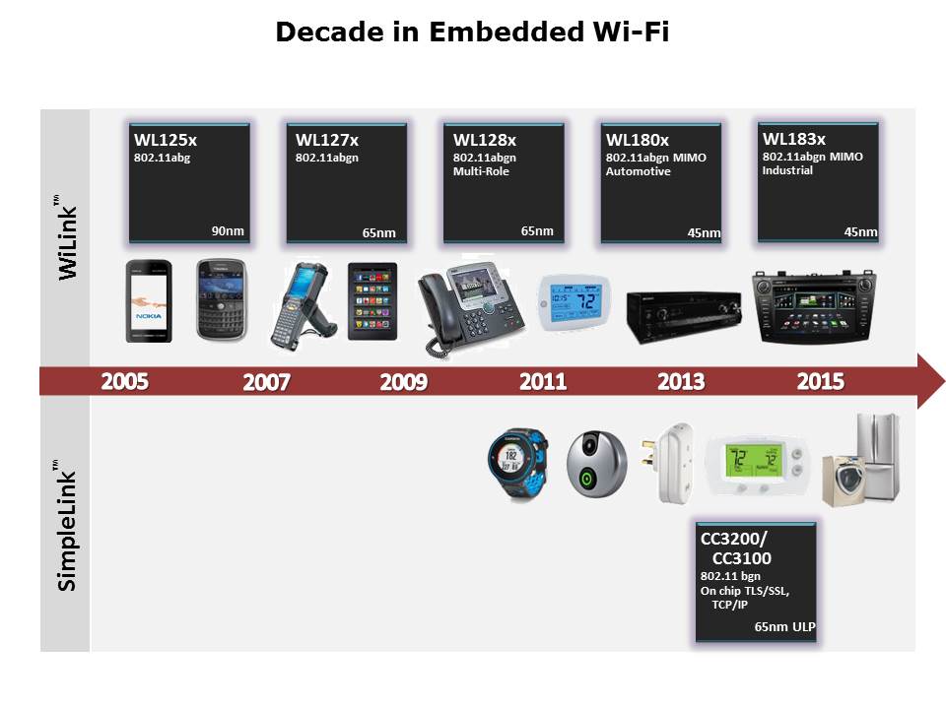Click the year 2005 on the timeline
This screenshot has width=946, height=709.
pyautogui.click(x=124, y=382)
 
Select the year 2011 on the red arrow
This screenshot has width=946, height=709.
pyautogui.click(x=543, y=382)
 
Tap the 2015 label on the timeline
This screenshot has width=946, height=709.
pyautogui.click(x=821, y=382)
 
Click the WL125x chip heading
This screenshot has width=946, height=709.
pyautogui.click(x=166, y=140)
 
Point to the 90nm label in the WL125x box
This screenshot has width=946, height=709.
pyautogui.click(x=228, y=230)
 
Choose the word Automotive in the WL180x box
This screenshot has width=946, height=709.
pyautogui.click(x=639, y=171)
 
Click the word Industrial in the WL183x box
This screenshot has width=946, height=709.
pyautogui.click(x=787, y=170)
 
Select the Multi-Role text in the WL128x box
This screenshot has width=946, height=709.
pyautogui.click(x=481, y=171)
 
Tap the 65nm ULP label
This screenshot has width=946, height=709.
pyautogui.click(x=784, y=627)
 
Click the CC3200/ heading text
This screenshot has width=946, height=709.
pyautogui.click(x=733, y=539)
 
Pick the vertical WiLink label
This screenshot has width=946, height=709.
pyautogui.click(x=68, y=237)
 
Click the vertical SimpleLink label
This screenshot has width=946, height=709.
pyautogui.click(x=66, y=525)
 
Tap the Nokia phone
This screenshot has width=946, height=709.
pyautogui.click(x=149, y=301)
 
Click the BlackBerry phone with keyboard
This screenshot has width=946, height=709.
pyautogui.click(x=222, y=299)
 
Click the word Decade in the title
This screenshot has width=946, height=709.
pyautogui.click(x=329, y=32)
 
